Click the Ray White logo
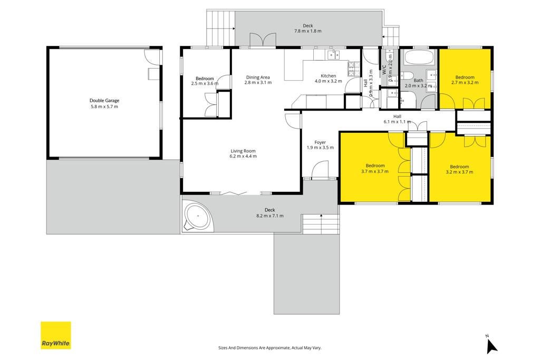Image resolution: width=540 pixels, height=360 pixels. tap(56, 335)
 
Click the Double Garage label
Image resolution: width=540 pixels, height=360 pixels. tap(104, 101)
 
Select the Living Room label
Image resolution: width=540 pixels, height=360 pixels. tap(243, 151)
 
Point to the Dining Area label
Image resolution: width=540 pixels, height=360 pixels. tap(258, 77)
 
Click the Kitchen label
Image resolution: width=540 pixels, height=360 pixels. tap(328, 76)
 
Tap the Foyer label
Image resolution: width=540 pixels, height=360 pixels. tap(320, 142)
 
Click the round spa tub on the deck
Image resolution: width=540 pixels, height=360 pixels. tap(198, 217)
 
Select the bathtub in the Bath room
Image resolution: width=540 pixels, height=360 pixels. tap(418, 57)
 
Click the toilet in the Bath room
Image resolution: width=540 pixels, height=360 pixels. tap(407, 75)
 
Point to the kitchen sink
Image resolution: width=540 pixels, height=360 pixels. tap(333, 54)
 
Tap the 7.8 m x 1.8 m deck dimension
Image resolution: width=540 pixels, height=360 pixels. tap(308, 31)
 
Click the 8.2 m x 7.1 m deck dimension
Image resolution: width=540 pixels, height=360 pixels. tap(270, 216)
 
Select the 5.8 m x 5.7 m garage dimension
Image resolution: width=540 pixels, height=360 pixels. tap(104, 106)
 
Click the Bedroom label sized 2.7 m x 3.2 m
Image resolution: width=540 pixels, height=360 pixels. tap(465, 77)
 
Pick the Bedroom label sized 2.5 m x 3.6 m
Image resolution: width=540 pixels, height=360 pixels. tap(205, 79)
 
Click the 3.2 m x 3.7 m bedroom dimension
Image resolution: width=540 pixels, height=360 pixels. tap(459, 172)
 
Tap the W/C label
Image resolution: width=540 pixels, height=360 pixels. tap(383, 70)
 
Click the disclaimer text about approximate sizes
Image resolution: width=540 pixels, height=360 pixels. tap(269, 348)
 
